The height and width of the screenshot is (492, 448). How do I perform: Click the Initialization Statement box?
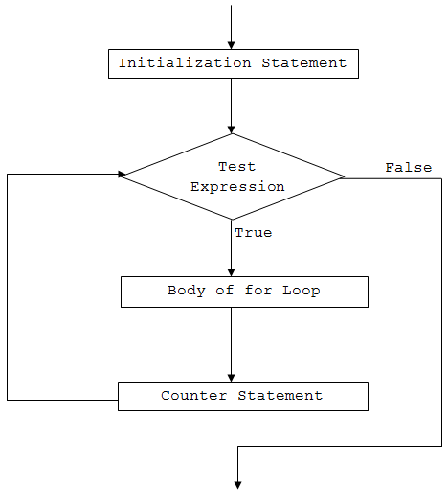click(232, 63)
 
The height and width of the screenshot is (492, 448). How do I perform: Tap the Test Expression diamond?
click(233, 176)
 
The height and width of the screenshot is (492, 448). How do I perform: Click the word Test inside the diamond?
click(236, 167)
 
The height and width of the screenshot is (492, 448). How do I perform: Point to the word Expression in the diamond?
click(237, 187)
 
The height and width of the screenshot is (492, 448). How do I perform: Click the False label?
click(408, 168)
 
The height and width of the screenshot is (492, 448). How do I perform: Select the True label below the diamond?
click(253, 233)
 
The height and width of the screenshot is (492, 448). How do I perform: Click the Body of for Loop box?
click(244, 292)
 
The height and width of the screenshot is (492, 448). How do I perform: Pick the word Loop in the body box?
click(301, 291)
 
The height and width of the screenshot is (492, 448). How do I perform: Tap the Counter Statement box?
click(242, 396)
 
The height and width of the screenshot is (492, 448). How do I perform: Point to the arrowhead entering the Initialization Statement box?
click(232, 44)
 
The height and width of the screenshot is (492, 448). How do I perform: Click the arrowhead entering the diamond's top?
click(232, 129)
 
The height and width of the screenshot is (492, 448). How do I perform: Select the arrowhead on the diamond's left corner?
click(122, 175)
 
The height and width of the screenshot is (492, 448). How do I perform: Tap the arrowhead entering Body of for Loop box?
click(232, 272)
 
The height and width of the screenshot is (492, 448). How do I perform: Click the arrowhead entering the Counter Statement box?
click(232, 377)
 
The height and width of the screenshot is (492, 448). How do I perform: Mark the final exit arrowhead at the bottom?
click(237, 484)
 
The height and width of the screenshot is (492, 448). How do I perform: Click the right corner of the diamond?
click(343, 176)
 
